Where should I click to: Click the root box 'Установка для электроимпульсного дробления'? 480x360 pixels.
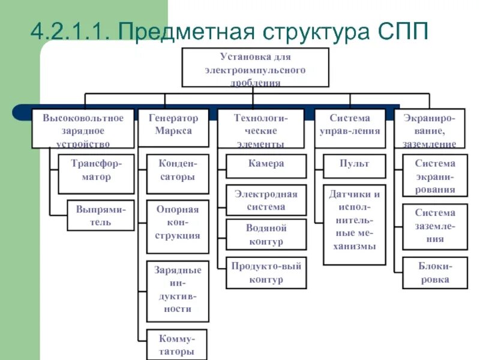(255, 68)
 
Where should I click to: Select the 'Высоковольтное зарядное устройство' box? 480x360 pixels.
(83, 128)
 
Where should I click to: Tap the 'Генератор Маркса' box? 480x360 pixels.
(173, 127)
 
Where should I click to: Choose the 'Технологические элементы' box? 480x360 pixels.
(260, 128)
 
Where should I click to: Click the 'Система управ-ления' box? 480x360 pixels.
(350, 127)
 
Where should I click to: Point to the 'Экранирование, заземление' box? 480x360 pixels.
(429, 128)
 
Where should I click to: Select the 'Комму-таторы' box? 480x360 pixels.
(176, 344)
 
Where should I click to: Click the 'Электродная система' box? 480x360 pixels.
(266, 200)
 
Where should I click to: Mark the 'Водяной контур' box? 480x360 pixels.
(266, 235)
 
